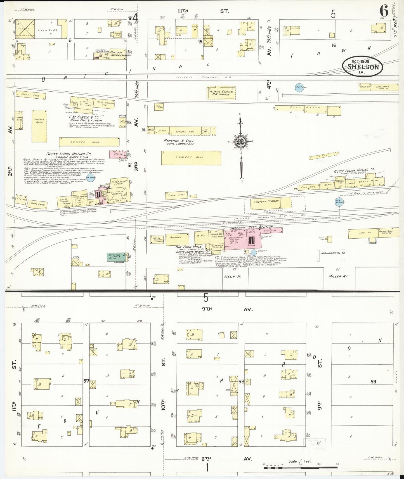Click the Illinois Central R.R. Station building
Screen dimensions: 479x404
click(x=221, y=93)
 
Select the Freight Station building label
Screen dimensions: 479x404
click(x=266, y=201)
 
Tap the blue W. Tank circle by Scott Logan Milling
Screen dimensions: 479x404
click(x=90, y=178)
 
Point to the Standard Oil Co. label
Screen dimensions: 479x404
click(x=333, y=253)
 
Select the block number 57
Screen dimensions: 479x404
click(x=86, y=380)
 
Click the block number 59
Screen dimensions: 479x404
click(x=373, y=381)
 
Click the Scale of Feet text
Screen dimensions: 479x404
click(x=300, y=461)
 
